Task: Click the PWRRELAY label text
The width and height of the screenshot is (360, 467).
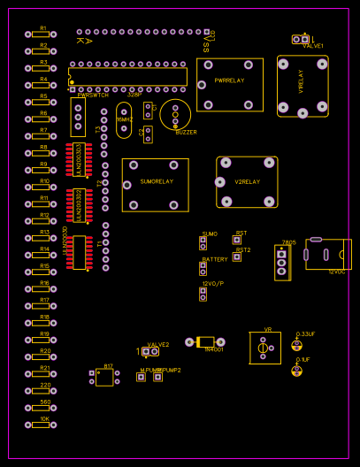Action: [229, 80]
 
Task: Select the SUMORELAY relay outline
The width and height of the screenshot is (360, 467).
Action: [155, 185]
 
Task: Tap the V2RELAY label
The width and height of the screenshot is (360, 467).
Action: [247, 181]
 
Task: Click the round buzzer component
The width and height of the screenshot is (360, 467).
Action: [175, 114]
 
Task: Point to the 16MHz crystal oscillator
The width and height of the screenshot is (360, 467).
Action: [123, 119]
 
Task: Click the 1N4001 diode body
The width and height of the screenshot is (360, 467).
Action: [205, 342]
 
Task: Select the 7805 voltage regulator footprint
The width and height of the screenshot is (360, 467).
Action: [282, 263]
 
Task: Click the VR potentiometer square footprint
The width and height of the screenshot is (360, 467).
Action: [264, 348]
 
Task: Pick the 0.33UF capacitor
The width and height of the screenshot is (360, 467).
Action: [297, 346]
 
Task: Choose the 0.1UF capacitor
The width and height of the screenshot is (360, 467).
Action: [296, 371]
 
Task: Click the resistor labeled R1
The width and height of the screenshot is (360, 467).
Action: [41, 34]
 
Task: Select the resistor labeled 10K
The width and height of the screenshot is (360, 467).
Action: [41, 425]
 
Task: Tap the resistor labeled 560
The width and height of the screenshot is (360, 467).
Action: [41, 408]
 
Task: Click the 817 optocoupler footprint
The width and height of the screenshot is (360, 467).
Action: [104, 378]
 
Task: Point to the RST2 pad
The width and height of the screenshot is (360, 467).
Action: [236, 256]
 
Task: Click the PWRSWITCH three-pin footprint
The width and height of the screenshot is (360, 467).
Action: [78, 117]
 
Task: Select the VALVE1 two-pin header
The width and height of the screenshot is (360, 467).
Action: [301, 39]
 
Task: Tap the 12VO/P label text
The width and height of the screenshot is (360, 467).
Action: [213, 283]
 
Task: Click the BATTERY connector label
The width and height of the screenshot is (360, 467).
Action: [215, 259]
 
